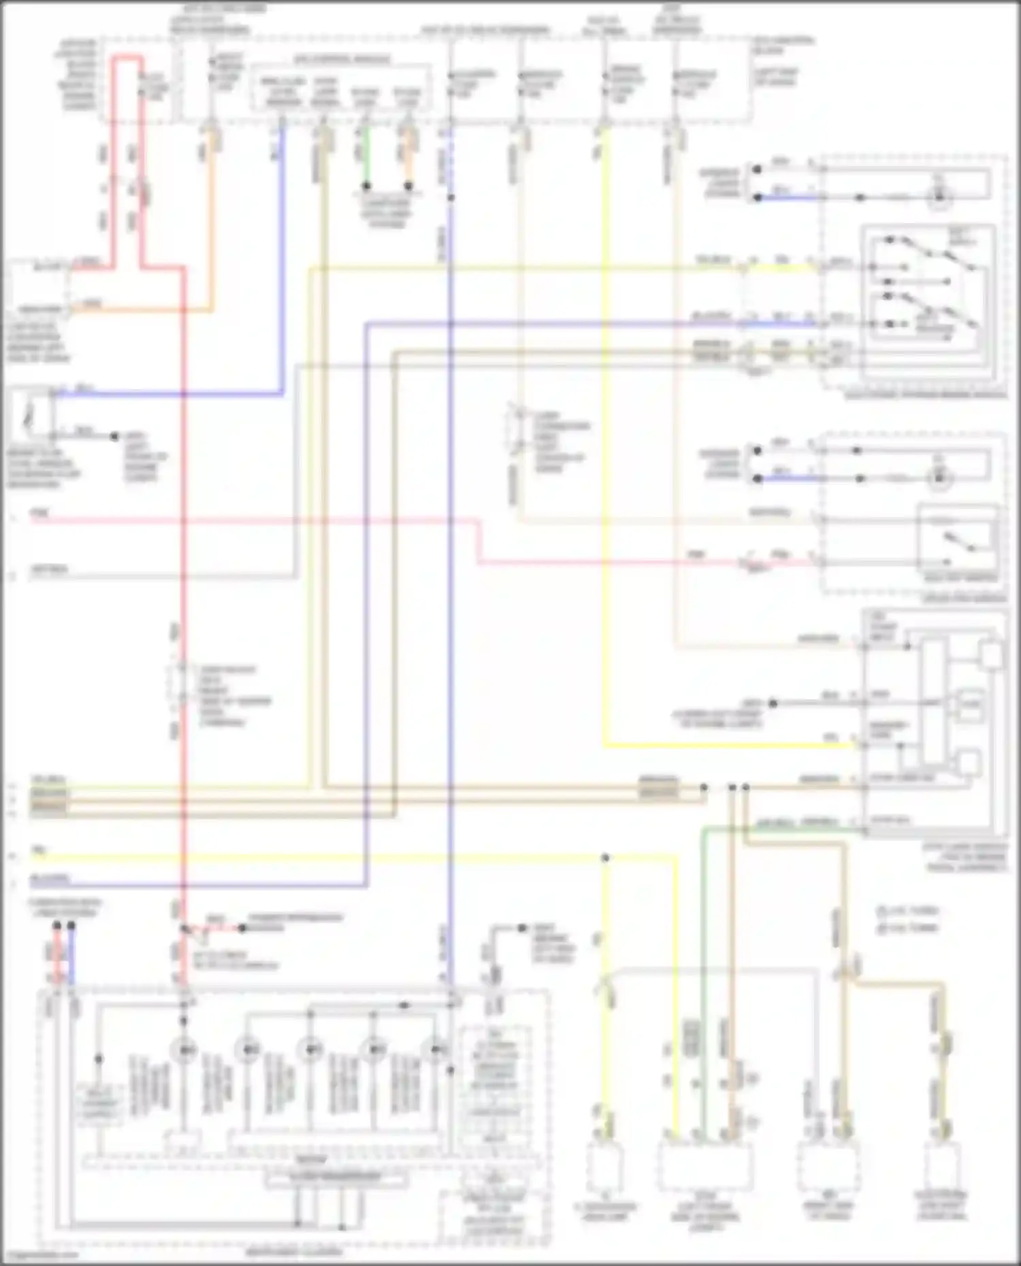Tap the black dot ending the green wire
click(366, 185)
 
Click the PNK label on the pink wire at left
click(40, 512)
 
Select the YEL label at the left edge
click(38, 851)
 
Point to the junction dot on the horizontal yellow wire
click(604, 858)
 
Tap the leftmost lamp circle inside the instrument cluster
click(184, 1050)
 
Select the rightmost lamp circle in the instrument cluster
click(436, 1050)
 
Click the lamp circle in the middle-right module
click(939, 478)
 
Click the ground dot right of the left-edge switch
click(115, 436)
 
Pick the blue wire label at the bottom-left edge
click(49, 879)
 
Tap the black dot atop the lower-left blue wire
click(71, 926)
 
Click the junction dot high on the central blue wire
click(451, 198)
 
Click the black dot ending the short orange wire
click(408, 185)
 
